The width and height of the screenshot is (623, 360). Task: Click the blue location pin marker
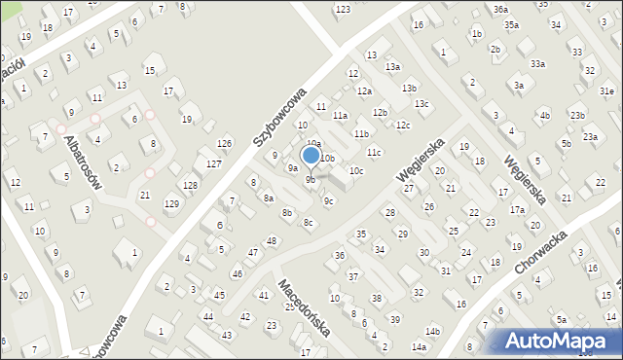[311, 157]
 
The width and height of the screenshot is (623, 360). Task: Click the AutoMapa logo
[556, 341]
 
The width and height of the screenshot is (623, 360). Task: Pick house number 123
[343, 10]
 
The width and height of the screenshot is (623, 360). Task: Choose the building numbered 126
[224, 144]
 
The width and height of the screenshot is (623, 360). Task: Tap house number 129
[171, 203]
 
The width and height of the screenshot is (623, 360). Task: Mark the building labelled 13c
[421, 104]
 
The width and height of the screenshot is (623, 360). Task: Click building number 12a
[364, 90]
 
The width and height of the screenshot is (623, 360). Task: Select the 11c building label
[375, 153]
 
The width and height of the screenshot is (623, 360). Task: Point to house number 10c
[356, 171]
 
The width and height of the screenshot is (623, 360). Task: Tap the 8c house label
[308, 223]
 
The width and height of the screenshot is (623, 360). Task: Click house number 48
[272, 240]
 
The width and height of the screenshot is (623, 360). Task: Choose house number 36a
[500, 9]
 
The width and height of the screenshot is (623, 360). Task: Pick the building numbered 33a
[537, 63]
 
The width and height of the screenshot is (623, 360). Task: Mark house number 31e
[606, 90]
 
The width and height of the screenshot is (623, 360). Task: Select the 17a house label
[517, 210]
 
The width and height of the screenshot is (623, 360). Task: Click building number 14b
[432, 332]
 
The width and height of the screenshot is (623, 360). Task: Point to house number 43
[227, 335]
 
